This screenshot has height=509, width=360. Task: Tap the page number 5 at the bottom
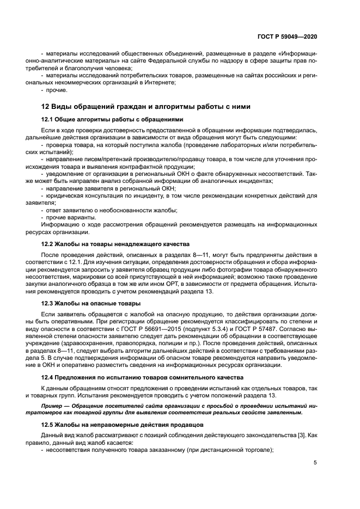315,463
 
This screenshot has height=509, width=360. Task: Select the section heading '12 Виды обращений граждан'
131,106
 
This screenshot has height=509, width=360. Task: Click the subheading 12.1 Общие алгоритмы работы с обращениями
112,119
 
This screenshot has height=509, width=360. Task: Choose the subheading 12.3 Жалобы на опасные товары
91,303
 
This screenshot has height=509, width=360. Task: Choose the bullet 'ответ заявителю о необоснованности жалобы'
112,210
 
